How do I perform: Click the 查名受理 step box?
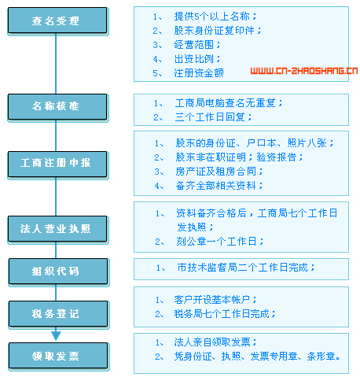pos(57,20)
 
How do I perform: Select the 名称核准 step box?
pos(57,107)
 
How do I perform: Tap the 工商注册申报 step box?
pos(57,164)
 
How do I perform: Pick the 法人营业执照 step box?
pos(57,229)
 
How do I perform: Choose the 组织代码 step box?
pos(58,272)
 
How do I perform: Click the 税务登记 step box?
pos(58,314)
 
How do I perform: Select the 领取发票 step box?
pos(58,356)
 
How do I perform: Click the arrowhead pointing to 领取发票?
pos(56,335)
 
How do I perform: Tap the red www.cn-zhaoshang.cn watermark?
pos(304,71)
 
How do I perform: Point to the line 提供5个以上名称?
pos(215,17)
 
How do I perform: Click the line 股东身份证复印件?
pos(218,31)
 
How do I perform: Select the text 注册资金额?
pos(199,73)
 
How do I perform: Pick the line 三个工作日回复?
pos(213,117)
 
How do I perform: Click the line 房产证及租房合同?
pos(219,172)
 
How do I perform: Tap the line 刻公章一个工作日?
pos(220,242)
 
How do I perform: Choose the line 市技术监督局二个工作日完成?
pos(246,268)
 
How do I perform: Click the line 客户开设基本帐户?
pos(215,300)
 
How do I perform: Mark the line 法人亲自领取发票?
pos(215,342)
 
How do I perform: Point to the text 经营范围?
pos(197,45)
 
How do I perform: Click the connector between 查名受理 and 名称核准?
pos(56,64)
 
